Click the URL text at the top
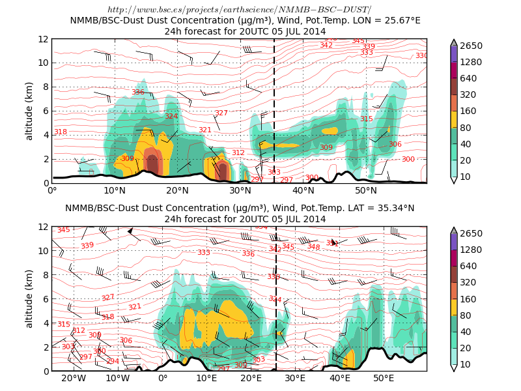tap(239, 10)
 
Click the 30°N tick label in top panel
tap(240, 191)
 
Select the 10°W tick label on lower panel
tap(118, 379)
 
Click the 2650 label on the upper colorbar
tap(471, 46)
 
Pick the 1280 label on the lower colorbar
tap(471, 250)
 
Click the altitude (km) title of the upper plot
tap(29, 111)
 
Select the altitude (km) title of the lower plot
tap(29, 298)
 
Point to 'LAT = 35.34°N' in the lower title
tap(381, 208)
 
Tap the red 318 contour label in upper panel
tap(61, 132)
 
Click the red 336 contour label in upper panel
tap(138, 93)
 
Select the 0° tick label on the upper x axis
tap(53, 191)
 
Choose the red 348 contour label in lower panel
tap(314, 247)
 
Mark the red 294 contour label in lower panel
tap(113, 361)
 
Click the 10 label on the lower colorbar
tap(466, 364)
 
